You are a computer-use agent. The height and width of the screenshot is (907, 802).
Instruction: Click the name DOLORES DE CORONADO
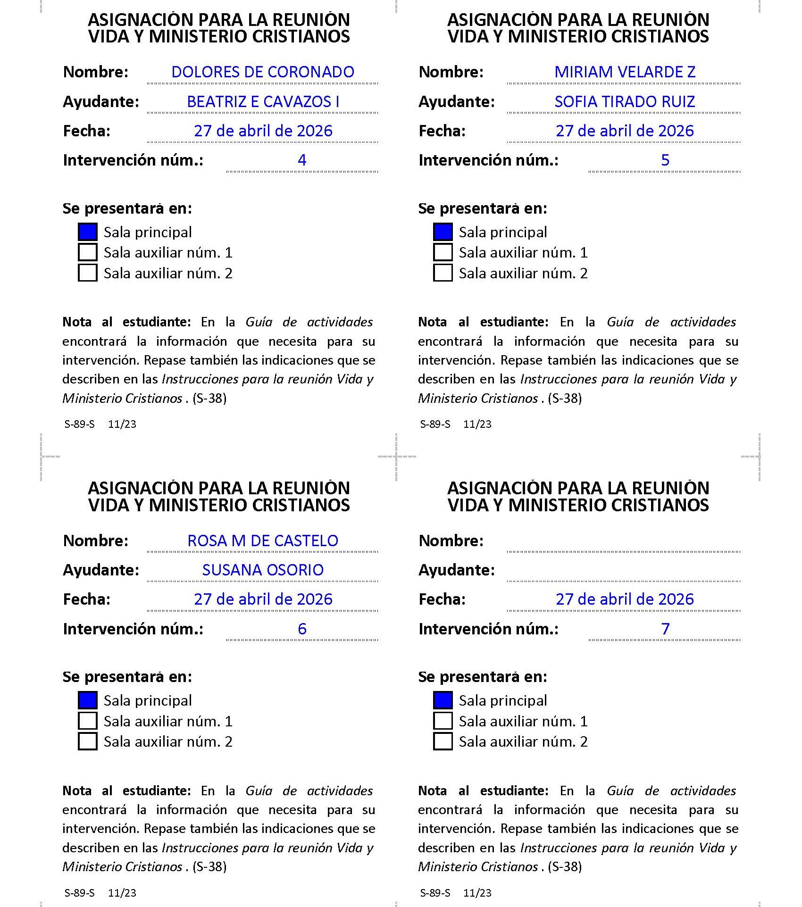(263, 72)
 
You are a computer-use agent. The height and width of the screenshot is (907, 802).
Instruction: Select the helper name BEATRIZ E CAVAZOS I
(263, 102)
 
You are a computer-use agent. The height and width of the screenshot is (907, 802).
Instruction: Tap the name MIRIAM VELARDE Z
(625, 72)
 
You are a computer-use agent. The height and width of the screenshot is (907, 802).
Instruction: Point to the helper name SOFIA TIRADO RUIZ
(625, 102)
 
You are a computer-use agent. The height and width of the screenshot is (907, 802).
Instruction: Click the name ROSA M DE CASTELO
(263, 541)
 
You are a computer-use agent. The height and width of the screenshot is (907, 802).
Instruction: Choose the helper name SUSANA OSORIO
(263, 570)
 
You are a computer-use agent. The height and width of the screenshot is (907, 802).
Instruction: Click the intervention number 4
(302, 160)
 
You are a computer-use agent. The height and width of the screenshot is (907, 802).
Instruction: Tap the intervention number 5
(665, 160)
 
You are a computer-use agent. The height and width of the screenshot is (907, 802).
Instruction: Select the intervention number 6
(302, 629)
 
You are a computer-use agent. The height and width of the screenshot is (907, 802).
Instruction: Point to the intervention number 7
(665, 629)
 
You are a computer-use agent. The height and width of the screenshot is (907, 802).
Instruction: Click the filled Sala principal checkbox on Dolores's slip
(88, 232)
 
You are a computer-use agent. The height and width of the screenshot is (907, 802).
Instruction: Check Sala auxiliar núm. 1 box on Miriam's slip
(443, 252)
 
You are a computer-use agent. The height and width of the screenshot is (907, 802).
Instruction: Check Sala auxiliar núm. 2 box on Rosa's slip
(88, 741)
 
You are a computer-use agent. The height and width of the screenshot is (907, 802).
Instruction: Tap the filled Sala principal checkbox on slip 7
(443, 700)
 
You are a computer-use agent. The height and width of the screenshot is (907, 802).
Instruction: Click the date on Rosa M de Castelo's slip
(263, 599)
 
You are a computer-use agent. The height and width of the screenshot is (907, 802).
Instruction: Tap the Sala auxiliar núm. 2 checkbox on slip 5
(443, 273)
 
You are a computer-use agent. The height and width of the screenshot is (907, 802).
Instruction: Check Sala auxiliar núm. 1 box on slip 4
(88, 252)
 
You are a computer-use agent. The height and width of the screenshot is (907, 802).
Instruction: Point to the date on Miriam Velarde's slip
(625, 131)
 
